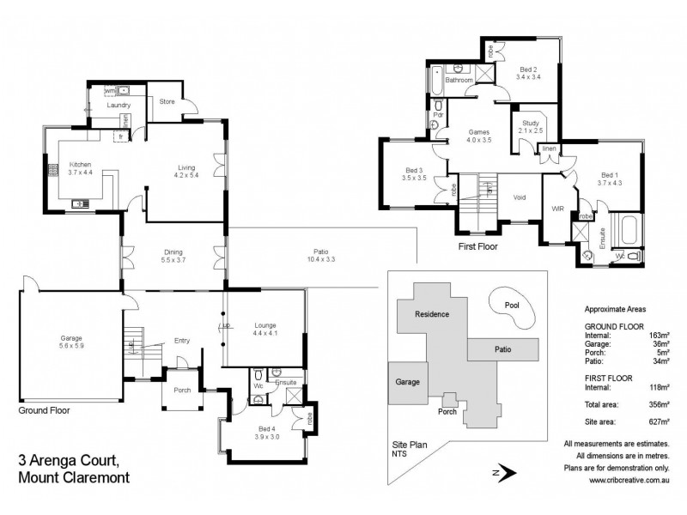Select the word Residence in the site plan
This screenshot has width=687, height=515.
[432, 313]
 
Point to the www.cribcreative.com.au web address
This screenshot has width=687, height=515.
[629, 481]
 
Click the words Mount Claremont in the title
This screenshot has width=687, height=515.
[74, 478]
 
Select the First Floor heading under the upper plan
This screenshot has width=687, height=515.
[478, 245]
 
